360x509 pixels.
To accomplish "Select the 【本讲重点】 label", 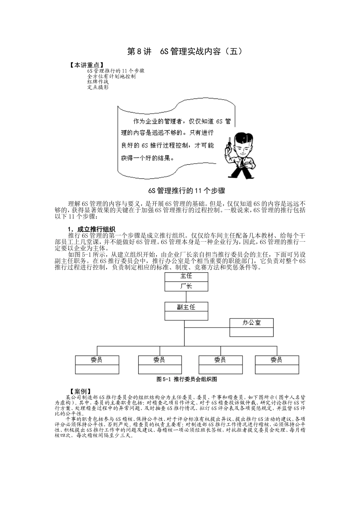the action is pyautogui.click(x=87, y=65).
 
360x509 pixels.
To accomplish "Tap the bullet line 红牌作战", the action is pyautogui.click(x=97, y=82).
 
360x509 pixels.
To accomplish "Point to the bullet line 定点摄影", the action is pyautogui.click(x=97, y=87).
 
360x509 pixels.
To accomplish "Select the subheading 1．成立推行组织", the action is pyautogui.click(x=91, y=229).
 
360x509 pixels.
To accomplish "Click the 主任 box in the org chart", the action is pyautogui.click(x=186, y=277).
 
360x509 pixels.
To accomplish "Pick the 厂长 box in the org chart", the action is pyautogui.click(x=186, y=286).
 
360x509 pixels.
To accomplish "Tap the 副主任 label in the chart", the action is pyautogui.click(x=186, y=307).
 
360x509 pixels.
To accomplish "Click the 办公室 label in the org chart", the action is pyautogui.click(x=251, y=323).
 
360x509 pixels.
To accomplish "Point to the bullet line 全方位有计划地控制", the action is pyautogui.click(x=111, y=76).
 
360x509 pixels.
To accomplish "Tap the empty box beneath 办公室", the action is pyautogui.click(x=251, y=332).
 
